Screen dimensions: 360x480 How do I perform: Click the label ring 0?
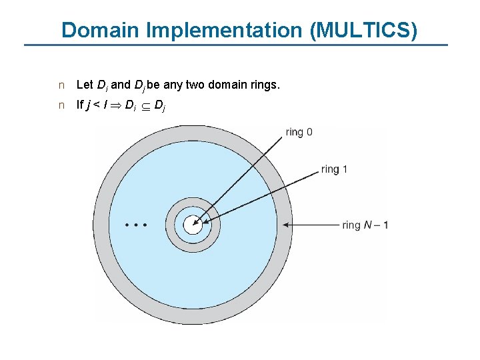299,132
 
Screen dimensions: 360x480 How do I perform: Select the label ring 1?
334,169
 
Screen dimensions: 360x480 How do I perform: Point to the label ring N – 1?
365,225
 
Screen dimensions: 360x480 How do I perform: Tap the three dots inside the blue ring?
136,225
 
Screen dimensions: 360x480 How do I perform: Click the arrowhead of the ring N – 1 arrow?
286,225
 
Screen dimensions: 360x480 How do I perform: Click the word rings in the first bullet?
265,85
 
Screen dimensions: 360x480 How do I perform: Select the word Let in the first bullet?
85,85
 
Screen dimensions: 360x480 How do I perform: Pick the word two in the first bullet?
195,85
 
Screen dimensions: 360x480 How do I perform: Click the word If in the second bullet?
80,104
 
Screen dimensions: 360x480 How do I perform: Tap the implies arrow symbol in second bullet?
115,105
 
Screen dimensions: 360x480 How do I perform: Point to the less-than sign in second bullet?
97,105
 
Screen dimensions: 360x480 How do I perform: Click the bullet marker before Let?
61,85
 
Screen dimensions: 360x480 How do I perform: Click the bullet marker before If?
61,105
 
